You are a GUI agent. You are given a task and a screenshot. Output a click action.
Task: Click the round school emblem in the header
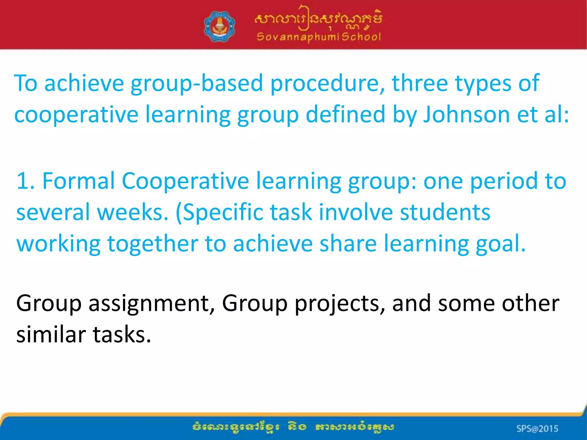(220, 26)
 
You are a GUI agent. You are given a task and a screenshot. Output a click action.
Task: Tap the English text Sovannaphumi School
(319, 37)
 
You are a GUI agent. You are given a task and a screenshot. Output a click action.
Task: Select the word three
(420, 83)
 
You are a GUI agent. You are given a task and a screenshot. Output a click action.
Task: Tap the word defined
(345, 114)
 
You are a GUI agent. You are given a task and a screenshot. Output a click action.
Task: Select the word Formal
(78, 181)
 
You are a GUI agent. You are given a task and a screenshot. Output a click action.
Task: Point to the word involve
(356, 212)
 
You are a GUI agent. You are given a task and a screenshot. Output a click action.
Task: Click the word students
(445, 212)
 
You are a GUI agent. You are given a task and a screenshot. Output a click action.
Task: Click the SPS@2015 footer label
(537, 429)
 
